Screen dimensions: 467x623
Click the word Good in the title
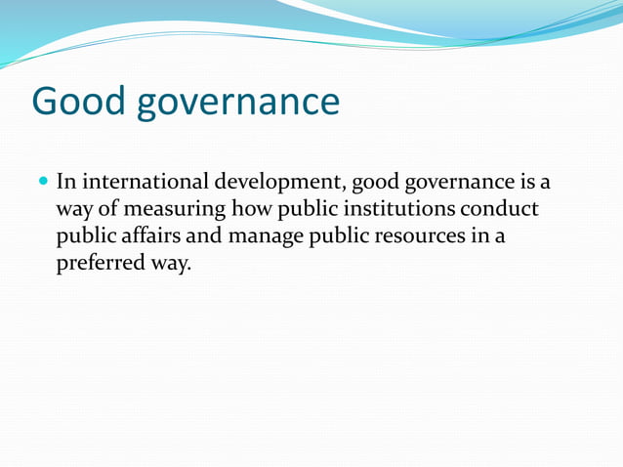[78, 102]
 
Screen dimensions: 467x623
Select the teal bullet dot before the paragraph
[43, 182]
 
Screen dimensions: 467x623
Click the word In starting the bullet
[67, 182]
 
